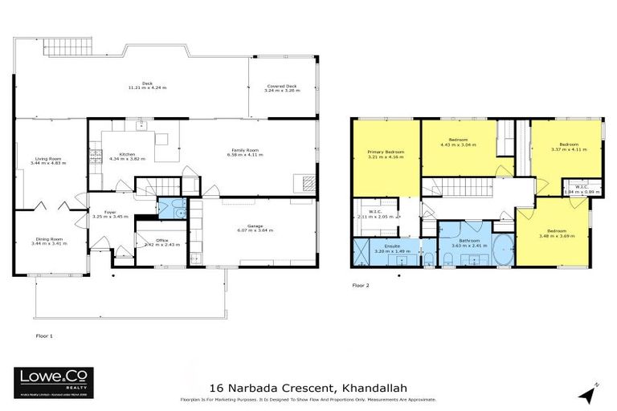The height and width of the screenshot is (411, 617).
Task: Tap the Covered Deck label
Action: pyautogui.click(x=282, y=89)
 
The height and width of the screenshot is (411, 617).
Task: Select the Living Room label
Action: pyautogui.click(x=48, y=161)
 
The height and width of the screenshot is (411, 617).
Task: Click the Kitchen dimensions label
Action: pyautogui.click(x=127, y=158)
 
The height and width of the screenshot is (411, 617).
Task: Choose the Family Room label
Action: pyautogui.click(x=245, y=153)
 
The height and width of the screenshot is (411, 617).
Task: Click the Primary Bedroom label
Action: pyautogui.click(x=386, y=154)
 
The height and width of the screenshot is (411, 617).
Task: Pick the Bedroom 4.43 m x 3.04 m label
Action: pyautogui.click(x=458, y=143)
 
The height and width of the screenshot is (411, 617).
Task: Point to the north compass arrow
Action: pyautogui.click(x=590, y=393)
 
